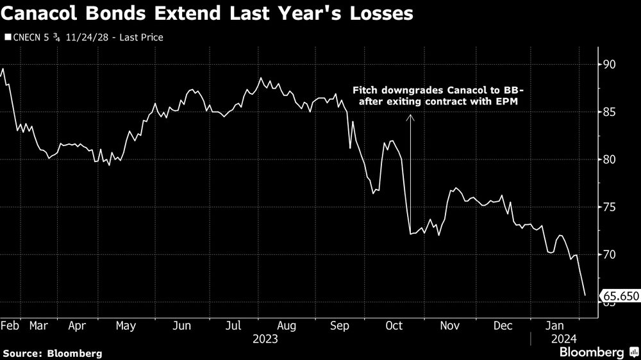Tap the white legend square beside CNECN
click(8, 37)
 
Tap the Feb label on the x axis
click(10, 325)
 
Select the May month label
click(126, 325)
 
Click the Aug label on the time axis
click(287, 325)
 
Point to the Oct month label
click(394, 325)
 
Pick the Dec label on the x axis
click(503, 325)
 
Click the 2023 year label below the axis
click(265, 338)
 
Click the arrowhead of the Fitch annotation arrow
click(411, 117)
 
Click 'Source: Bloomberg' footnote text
click(53, 353)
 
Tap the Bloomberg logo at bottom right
click(592, 352)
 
